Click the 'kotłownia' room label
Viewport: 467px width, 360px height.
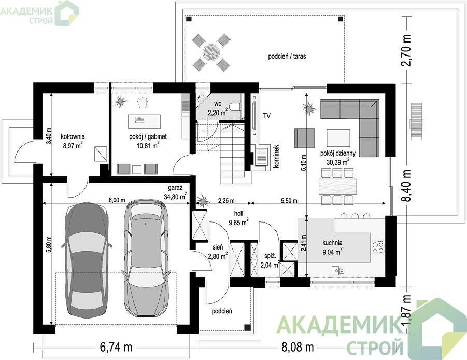coord(73,136)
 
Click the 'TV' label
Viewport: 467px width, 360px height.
coord(267,116)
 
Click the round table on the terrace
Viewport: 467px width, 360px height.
coord(211,52)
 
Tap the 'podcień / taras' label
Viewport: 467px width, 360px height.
coord(287,56)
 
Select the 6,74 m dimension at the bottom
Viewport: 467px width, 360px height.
coord(116,347)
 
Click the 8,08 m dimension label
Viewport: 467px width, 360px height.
coord(298,347)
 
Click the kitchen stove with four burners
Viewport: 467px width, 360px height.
coord(378,247)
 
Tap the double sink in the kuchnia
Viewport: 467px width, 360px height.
coord(338,270)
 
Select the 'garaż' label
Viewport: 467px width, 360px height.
coord(175,188)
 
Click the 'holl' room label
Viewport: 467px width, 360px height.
coord(238,213)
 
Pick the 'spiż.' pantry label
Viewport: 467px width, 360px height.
coord(271,256)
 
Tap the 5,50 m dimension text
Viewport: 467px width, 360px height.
coord(289,201)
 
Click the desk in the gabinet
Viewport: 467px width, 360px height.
coord(144,121)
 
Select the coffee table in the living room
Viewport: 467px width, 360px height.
coord(338,137)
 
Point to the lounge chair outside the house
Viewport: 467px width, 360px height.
coord(416,121)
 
